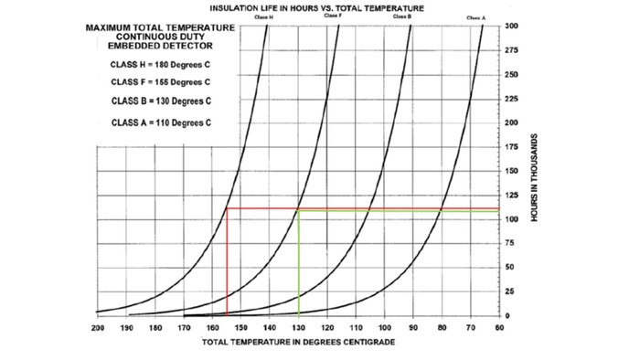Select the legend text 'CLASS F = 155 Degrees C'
pos(161,81)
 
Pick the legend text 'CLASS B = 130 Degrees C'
pos(161,100)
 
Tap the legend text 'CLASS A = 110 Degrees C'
pos(161,122)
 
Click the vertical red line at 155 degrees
pos(227,265)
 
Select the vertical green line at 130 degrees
pos(298,265)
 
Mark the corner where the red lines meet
pos(227,208)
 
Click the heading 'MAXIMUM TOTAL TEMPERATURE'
pos(161,27)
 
